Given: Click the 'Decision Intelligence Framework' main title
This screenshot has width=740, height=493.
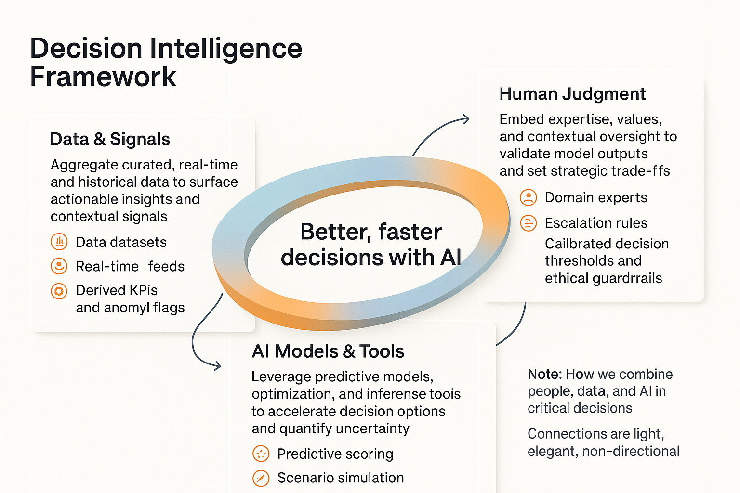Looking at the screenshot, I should point(166,63).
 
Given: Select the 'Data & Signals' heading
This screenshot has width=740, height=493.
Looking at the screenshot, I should point(110,139).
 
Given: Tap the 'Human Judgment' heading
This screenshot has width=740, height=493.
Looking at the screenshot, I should point(572,94).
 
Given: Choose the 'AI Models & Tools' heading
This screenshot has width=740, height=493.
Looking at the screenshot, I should point(328,351).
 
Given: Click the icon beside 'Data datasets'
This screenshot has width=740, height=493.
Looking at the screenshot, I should point(59,242).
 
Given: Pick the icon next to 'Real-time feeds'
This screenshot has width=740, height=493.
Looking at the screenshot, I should point(59,266).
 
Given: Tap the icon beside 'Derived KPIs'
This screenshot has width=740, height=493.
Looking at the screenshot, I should point(59,291).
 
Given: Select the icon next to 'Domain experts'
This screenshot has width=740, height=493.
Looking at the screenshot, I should point(529,197).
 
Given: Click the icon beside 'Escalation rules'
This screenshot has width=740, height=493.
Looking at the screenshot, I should point(529,223).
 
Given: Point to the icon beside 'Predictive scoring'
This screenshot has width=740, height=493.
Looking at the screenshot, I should point(261,454).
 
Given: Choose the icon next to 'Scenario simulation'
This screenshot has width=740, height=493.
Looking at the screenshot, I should point(261,478).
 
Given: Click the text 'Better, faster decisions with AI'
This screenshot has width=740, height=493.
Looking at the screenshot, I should point(371,245).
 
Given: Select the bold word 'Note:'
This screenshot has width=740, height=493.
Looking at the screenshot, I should point(544,374).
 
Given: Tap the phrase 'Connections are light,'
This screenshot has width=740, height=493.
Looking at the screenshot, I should point(595,434).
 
